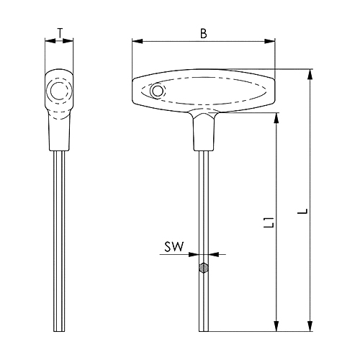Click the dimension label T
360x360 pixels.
point(60,33)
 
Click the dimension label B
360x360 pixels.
point(204,34)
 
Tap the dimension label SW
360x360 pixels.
point(174,247)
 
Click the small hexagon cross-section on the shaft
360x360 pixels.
point(204,268)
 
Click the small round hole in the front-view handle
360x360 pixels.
point(157,91)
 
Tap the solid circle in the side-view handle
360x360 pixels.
point(58,91)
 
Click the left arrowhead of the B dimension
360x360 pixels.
point(138,42)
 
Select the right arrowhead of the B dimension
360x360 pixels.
point(270,42)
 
